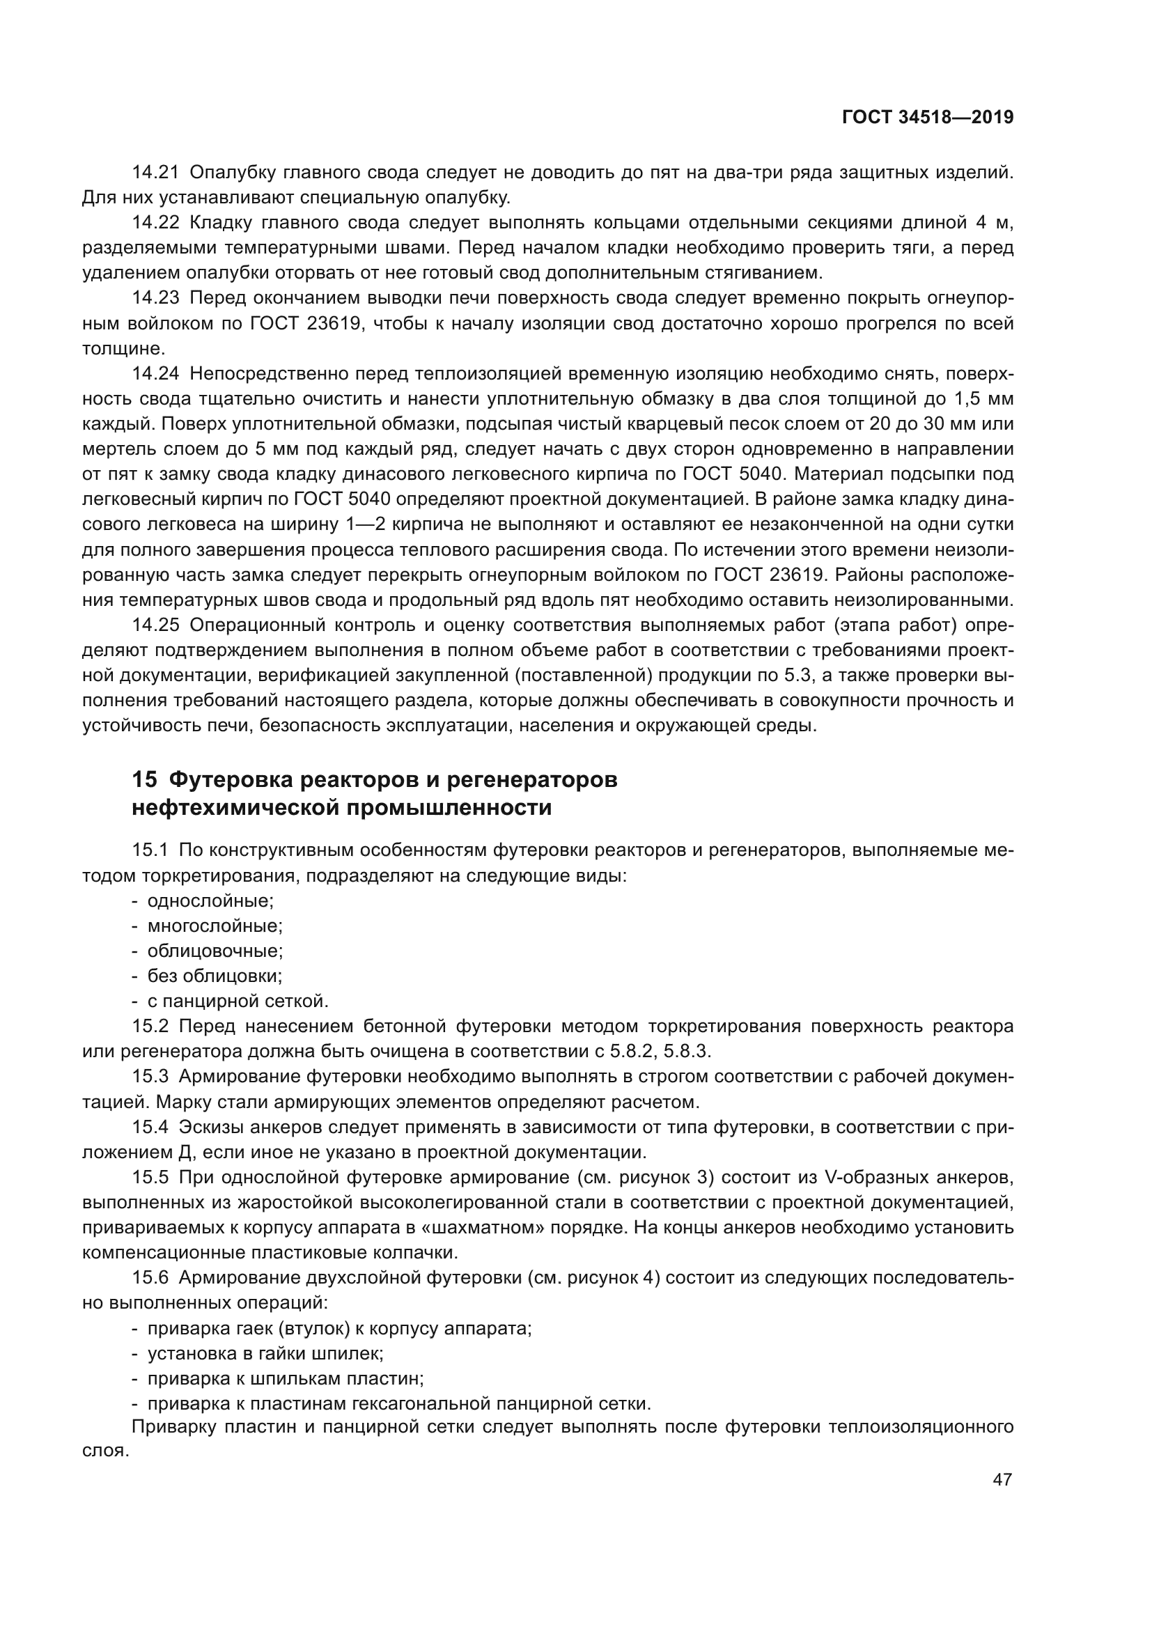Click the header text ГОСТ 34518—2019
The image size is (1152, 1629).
(927, 118)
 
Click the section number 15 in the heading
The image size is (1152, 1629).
(144, 780)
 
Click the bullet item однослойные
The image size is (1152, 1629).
(210, 901)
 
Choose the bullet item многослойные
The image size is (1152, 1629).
(215, 926)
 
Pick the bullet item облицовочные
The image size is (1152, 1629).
(215, 951)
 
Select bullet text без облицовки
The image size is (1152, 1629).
(215, 976)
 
